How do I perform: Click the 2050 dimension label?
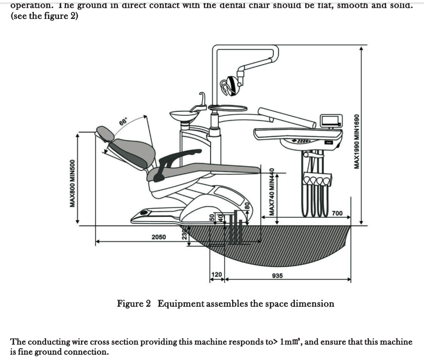click(159, 237)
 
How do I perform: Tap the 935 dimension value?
click(277, 276)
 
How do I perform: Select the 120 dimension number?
click(217, 275)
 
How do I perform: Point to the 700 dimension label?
click(337, 213)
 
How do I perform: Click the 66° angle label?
click(123, 121)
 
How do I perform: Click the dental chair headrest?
click(105, 133)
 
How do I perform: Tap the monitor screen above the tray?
click(331, 120)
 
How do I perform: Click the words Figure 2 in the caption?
click(134, 304)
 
